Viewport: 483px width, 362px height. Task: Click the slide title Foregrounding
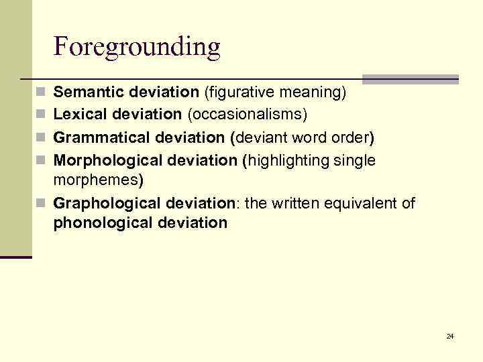[137, 47]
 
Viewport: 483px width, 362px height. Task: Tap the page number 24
[450, 336]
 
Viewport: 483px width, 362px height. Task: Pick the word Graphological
[107, 204]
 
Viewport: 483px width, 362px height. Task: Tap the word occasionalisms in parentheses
[247, 115]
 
